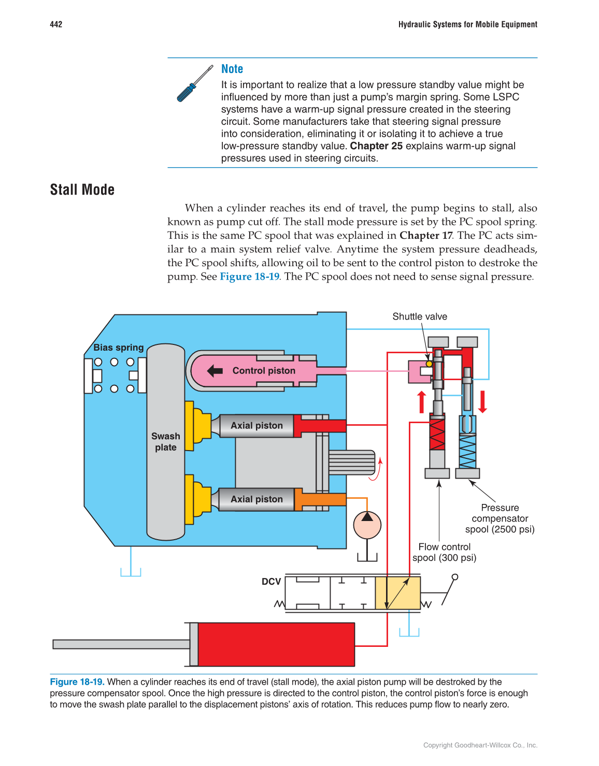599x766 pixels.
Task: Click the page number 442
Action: click(56, 24)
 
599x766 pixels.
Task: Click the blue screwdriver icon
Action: click(194, 83)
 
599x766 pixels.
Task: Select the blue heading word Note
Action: click(232, 69)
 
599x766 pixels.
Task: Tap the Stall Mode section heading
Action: click(82, 190)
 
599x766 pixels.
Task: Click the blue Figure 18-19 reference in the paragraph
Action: click(249, 277)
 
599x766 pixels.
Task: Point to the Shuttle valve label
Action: click(419, 316)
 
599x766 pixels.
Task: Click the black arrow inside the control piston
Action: click(215, 370)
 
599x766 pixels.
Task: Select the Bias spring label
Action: click(118, 348)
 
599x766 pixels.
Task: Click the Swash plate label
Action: click(166, 442)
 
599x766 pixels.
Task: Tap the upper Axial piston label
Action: click(256, 426)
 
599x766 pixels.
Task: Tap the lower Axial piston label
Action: click(256, 499)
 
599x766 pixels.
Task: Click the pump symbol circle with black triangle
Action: click(367, 524)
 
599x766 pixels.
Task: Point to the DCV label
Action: click(271, 582)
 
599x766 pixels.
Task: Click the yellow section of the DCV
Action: click(397, 593)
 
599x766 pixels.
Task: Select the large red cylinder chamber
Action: click(276, 644)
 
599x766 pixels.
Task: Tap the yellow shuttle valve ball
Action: click(429, 364)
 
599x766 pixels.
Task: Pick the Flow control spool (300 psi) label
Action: click(444, 552)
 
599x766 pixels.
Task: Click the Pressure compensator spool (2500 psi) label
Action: click(500, 518)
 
